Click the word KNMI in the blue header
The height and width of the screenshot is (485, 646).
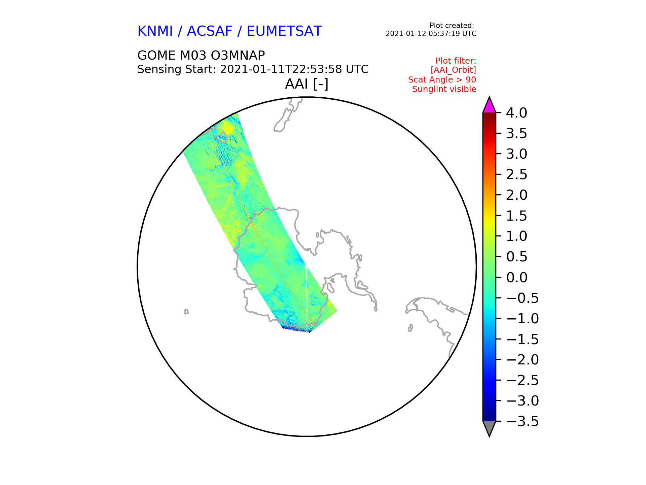155,31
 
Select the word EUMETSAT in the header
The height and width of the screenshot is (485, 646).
284,31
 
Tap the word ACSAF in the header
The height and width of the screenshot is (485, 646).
210,31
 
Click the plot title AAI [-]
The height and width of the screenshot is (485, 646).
307,84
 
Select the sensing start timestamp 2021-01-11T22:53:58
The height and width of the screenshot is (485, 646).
281,69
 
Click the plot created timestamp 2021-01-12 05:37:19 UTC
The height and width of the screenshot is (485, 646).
431,34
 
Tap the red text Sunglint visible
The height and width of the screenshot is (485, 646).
444,89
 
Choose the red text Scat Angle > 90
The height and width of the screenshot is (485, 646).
442,80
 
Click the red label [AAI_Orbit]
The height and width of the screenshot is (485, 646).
453,70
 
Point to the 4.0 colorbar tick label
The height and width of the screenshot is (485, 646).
516,113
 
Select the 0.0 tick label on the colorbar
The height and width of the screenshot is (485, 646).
516,278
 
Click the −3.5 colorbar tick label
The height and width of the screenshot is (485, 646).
522,421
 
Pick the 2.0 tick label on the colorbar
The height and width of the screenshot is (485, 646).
516,195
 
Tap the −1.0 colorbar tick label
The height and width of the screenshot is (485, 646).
522,319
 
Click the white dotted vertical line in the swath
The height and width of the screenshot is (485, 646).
307,298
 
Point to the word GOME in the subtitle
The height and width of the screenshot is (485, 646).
156,55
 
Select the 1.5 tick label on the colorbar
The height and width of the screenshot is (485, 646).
516,216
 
